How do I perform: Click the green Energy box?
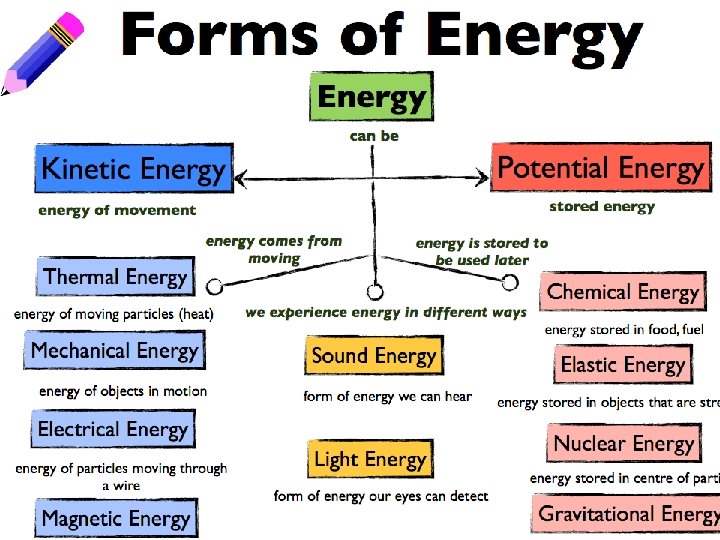point(372,98)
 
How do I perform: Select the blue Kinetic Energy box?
point(133,169)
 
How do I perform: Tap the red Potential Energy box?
point(601,167)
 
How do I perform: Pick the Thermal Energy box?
point(115,277)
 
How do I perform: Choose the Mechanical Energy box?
point(114,351)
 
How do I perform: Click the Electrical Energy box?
point(112,430)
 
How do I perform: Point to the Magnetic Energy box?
point(115,518)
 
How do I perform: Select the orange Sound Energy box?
point(373,356)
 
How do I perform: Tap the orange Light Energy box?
point(369,460)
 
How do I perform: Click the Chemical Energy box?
point(622,292)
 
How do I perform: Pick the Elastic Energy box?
point(622,364)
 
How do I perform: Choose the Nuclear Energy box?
point(622,443)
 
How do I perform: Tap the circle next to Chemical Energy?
point(510,283)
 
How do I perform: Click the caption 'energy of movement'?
point(117,210)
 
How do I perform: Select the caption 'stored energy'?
point(602,207)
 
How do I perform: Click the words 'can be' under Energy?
point(373,136)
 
